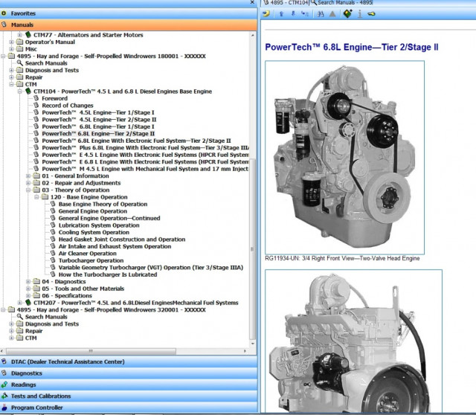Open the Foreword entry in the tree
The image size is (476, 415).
pyautogui.click(x=54, y=98)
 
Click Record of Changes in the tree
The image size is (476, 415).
pyautogui.click(x=67, y=105)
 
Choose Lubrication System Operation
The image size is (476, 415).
pyautogui.click(x=99, y=225)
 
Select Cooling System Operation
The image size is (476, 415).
pyautogui.click(x=94, y=232)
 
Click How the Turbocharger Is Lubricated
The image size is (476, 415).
pyautogui.click(x=107, y=274)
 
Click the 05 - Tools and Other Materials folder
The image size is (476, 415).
pyautogui.click(x=82, y=289)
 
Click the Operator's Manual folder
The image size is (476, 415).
pyautogui.click(x=50, y=42)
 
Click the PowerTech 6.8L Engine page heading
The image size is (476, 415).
pyautogui.click(x=352, y=47)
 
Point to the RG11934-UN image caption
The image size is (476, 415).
pyautogui.click(x=341, y=259)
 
